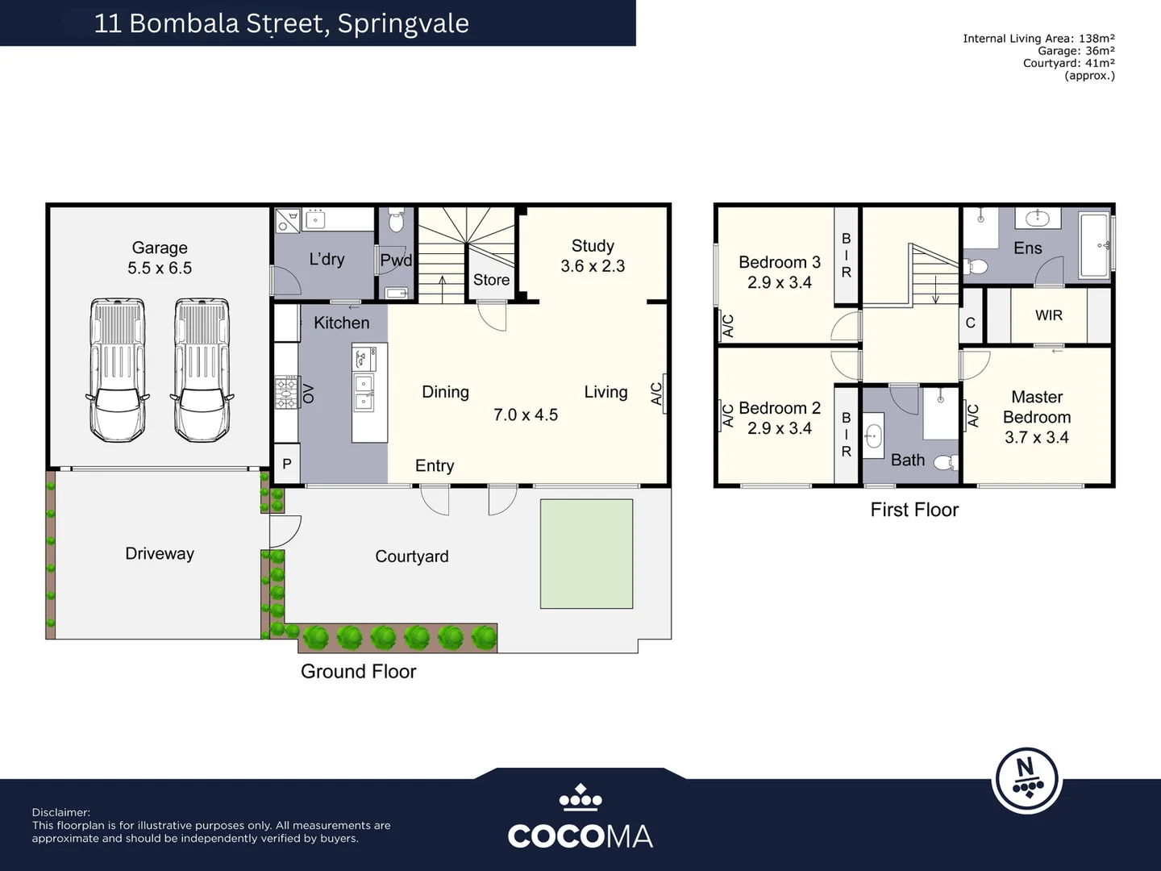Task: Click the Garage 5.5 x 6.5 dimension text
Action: click(x=160, y=269)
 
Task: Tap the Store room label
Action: click(x=491, y=280)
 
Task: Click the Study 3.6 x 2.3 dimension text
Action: click(x=593, y=266)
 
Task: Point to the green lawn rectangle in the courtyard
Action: click(x=586, y=553)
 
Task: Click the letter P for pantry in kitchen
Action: click(x=286, y=465)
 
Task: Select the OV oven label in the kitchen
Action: click(x=308, y=393)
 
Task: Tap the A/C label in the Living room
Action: click(x=657, y=394)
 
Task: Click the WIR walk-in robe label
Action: click(x=1048, y=315)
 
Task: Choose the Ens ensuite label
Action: click(x=1027, y=248)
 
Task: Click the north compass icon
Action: click(x=1026, y=780)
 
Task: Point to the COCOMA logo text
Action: click(x=580, y=836)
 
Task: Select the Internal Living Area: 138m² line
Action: click(x=1038, y=38)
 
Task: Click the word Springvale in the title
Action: click(x=403, y=23)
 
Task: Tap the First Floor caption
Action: click(x=914, y=510)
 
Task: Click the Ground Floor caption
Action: click(x=358, y=671)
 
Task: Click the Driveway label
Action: click(x=160, y=553)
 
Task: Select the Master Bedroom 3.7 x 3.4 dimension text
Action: click(x=1036, y=437)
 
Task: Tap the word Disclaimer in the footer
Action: click(x=61, y=812)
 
